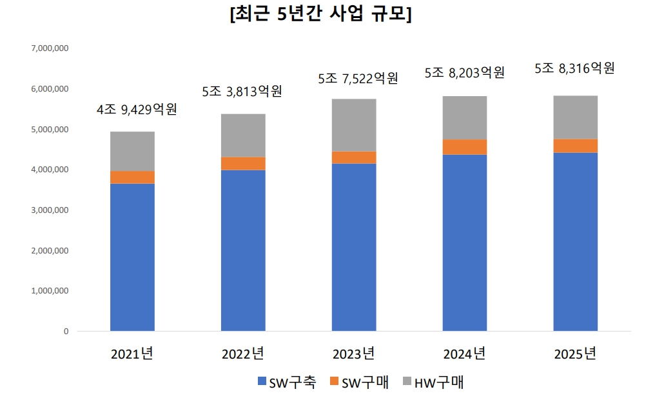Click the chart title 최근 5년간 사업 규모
[320, 15]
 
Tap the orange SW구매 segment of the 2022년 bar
[243, 163]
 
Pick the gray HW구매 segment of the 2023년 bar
[354, 125]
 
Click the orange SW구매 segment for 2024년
[465, 147]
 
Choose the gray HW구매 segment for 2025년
[576, 117]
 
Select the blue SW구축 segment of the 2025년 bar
[576, 242]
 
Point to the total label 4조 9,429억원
[137, 110]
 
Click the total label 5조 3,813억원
[242, 92]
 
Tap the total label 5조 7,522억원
[358, 79]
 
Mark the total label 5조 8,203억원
[464, 72]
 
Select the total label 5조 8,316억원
[575, 68]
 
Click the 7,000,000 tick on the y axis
[51, 48]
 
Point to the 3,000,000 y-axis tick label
[51, 210]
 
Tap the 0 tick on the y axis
[65, 332]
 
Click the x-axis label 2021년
[132, 354]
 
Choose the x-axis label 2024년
[464, 354]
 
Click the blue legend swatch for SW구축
[261, 382]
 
